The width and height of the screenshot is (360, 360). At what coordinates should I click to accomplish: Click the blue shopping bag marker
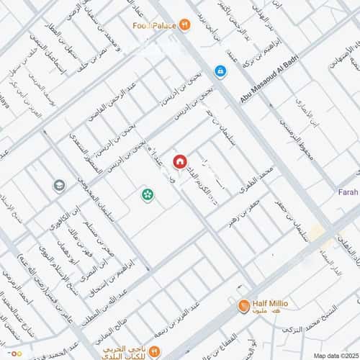(x=220, y=71)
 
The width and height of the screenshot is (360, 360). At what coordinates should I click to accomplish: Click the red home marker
(x=179, y=161)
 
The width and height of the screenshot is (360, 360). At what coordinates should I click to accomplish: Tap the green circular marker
(x=147, y=194)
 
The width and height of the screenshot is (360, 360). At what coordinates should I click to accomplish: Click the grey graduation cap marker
(x=58, y=186)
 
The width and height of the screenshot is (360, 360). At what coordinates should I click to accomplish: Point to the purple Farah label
(x=348, y=192)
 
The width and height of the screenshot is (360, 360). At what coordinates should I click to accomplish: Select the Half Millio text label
(x=271, y=304)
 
